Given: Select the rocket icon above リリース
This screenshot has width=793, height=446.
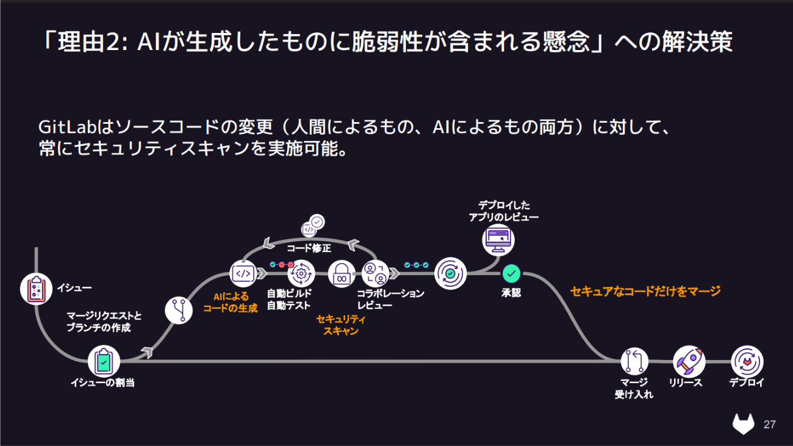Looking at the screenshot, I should [689, 361].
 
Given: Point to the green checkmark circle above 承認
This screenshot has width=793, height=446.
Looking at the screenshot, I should [511, 274].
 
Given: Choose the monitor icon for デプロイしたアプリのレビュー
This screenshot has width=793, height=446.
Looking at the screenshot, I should [498, 239].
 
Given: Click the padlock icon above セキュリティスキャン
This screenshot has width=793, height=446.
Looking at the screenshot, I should [342, 274].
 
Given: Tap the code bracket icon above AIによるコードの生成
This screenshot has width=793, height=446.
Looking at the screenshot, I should [243, 274].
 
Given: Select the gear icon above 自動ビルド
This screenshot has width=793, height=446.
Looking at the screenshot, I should [301, 274].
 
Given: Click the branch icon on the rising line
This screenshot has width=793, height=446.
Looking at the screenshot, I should [179, 310].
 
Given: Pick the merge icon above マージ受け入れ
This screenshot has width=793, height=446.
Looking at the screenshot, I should [634, 361].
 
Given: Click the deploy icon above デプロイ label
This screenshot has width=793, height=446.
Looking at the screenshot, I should [747, 361].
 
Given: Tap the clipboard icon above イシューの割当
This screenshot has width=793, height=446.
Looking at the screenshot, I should [103, 362].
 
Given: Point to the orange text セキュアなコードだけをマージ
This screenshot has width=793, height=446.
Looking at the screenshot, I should [645, 291].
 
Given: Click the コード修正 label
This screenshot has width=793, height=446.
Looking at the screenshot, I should [309, 248].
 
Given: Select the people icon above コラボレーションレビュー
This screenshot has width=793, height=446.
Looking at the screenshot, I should [375, 274].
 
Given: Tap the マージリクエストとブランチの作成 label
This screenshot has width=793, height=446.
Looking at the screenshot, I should [104, 322].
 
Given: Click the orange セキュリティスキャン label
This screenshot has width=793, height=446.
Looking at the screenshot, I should [341, 325].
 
